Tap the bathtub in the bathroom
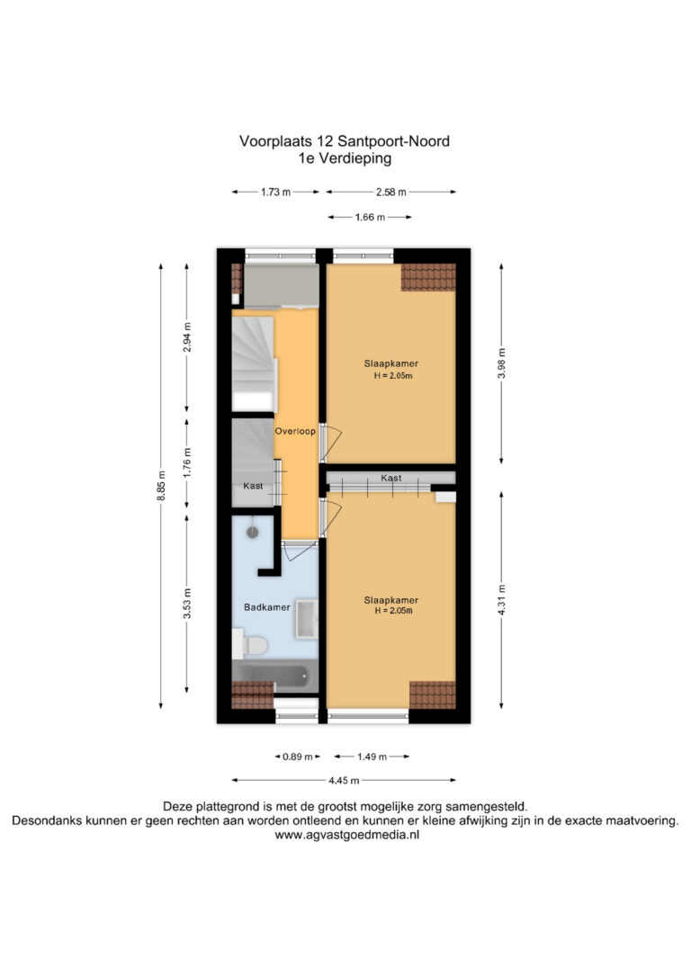click(274, 676)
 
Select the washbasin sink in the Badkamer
click(306, 619)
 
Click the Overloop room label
click(295, 431)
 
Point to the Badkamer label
click(266, 607)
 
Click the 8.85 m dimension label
click(161, 486)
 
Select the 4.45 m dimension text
click(344, 780)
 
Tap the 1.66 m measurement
click(370, 218)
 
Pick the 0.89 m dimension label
click(298, 757)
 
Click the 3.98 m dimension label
click(501, 363)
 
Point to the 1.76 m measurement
click(187, 462)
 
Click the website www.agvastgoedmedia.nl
click(347, 835)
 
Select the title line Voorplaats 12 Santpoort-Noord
click(345, 141)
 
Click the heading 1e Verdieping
click(345, 158)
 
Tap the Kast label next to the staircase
click(253, 486)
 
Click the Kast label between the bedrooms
click(391, 478)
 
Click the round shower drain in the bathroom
click(252, 532)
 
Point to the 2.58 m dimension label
click(391, 193)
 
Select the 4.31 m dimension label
click(501, 600)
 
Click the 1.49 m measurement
click(372, 757)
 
